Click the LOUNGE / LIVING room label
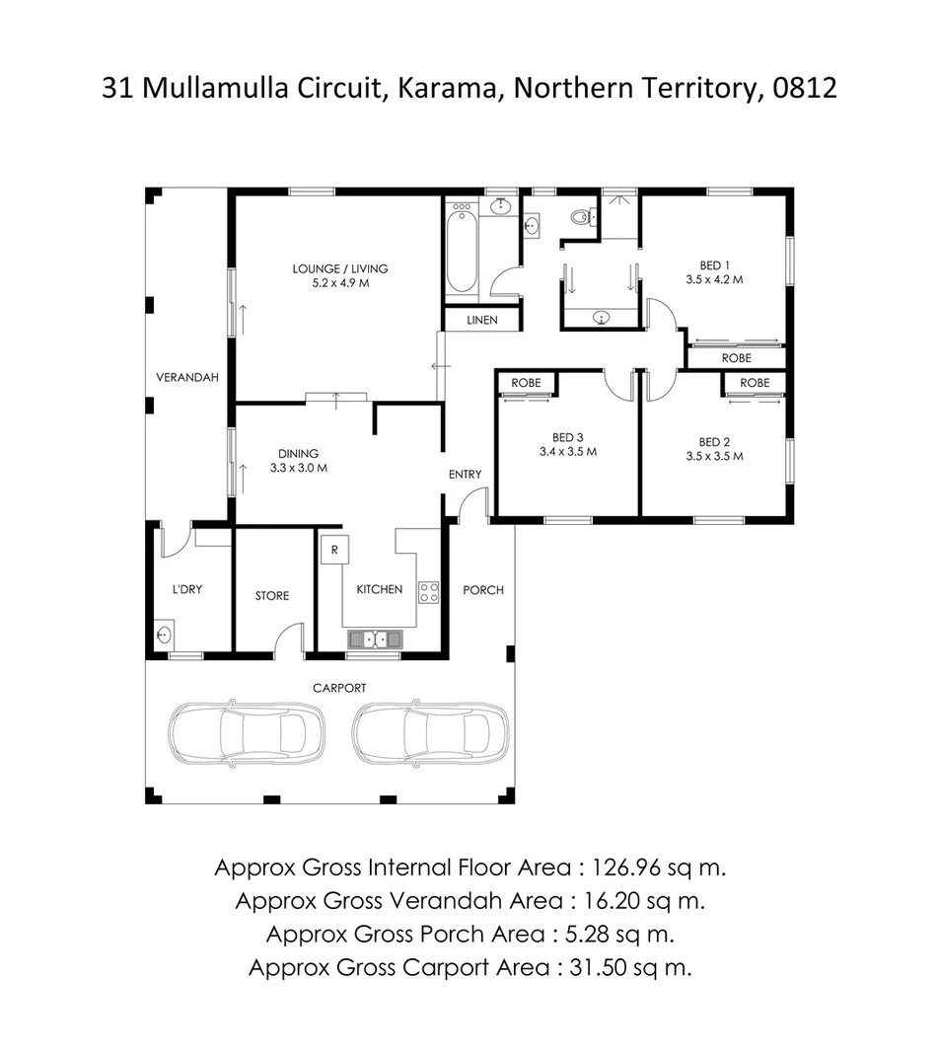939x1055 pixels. (x=339, y=268)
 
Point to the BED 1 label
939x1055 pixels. (x=714, y=264)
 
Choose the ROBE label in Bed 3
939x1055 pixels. (x=525, y=383)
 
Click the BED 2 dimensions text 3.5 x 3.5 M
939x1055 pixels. (x=714, y=457)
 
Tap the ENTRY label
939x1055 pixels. (x=465, y=475)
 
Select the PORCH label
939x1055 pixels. (x=483, y=590)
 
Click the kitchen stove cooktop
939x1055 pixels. (x=428, y=592)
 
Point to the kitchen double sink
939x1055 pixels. (x=374, y=640)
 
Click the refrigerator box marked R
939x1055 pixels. (x=334, y=550)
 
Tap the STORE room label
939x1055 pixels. (x=272, y=596)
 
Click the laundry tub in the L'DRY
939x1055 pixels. (x=164, y=635)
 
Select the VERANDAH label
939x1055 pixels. (x=187, y=377)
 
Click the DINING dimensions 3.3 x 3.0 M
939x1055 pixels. (x=298, y=468)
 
